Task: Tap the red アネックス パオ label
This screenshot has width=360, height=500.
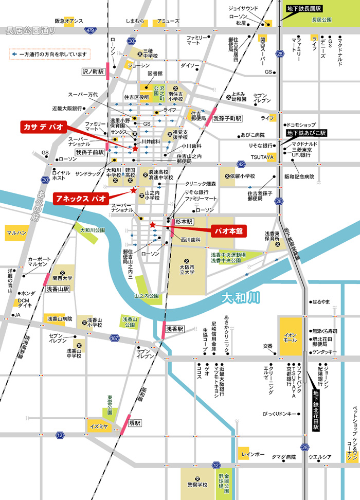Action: [81, 198]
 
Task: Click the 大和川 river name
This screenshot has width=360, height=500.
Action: [241, 298]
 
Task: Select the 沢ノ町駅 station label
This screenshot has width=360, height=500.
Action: [93, 73]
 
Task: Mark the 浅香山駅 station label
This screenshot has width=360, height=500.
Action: [58, 289]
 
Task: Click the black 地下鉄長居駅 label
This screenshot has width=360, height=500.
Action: [304, 9]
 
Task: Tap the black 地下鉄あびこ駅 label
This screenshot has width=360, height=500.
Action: [307, 133]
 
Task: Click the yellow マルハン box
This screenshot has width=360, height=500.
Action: [15, 233]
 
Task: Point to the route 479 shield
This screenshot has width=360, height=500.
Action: [91, 30]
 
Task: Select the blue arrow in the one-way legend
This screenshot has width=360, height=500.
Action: [14, 53]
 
